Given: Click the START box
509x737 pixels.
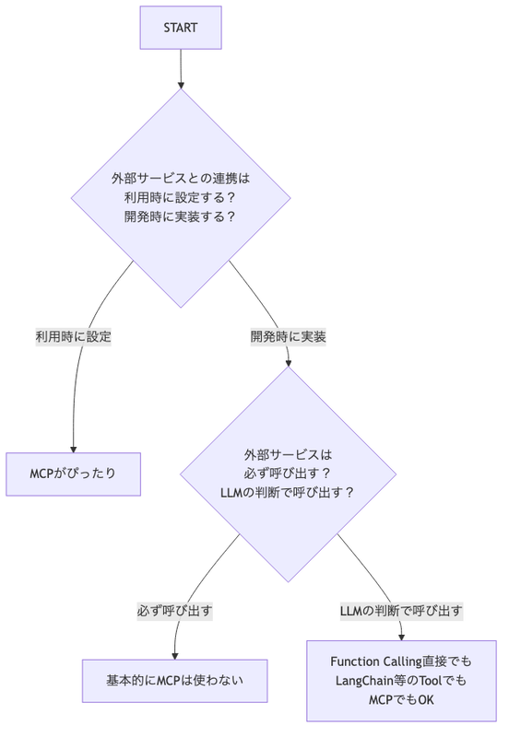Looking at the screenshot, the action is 181,28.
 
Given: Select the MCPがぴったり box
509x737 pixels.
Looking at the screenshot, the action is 74,474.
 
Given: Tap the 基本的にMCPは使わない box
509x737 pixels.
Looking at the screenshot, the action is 175,681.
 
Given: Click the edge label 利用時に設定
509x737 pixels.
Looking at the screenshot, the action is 74,336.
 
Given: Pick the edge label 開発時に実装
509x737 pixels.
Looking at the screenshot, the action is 289,336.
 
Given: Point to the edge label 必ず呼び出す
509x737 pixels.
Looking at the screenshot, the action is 175,611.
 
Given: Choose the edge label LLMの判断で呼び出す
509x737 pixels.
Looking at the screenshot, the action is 401,611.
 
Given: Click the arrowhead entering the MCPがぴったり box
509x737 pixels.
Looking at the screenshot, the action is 74,450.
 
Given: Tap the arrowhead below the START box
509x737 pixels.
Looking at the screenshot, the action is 181,85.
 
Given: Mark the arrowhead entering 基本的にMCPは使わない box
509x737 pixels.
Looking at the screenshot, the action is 175,656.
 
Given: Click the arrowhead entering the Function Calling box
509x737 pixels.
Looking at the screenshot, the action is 401,638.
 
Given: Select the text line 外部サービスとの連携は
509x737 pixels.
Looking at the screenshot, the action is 181,179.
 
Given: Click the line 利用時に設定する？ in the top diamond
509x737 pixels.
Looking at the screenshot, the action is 181,197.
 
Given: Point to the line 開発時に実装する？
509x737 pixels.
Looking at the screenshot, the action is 181,216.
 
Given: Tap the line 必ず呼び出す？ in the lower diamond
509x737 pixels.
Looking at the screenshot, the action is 289,474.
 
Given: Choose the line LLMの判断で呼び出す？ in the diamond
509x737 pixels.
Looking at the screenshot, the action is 289,493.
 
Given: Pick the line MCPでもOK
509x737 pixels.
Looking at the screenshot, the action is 401,700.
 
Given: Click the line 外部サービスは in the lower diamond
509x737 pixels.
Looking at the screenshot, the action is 289,454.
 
